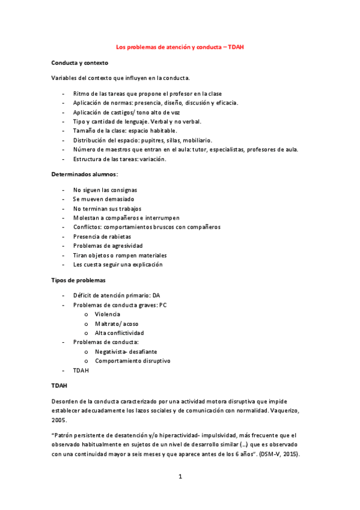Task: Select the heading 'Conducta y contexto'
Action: [80, 63]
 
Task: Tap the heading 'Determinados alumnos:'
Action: [84, 174]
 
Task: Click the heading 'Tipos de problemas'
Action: [79, 280]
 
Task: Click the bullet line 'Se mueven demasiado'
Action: [103, 198]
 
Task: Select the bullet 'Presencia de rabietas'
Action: [102, 236]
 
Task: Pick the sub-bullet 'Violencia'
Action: [108, 314]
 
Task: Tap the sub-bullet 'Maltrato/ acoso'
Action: [117, 324]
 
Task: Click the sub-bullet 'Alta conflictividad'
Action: [120, 333]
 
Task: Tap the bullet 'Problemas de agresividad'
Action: [108, 246]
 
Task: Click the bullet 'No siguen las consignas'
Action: [105, 189]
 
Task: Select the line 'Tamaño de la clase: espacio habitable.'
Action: [125, 131]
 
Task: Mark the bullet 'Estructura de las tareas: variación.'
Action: [120, 159]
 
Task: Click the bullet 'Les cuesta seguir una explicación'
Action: [118, 265]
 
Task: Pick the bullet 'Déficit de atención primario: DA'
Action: [117, 295]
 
